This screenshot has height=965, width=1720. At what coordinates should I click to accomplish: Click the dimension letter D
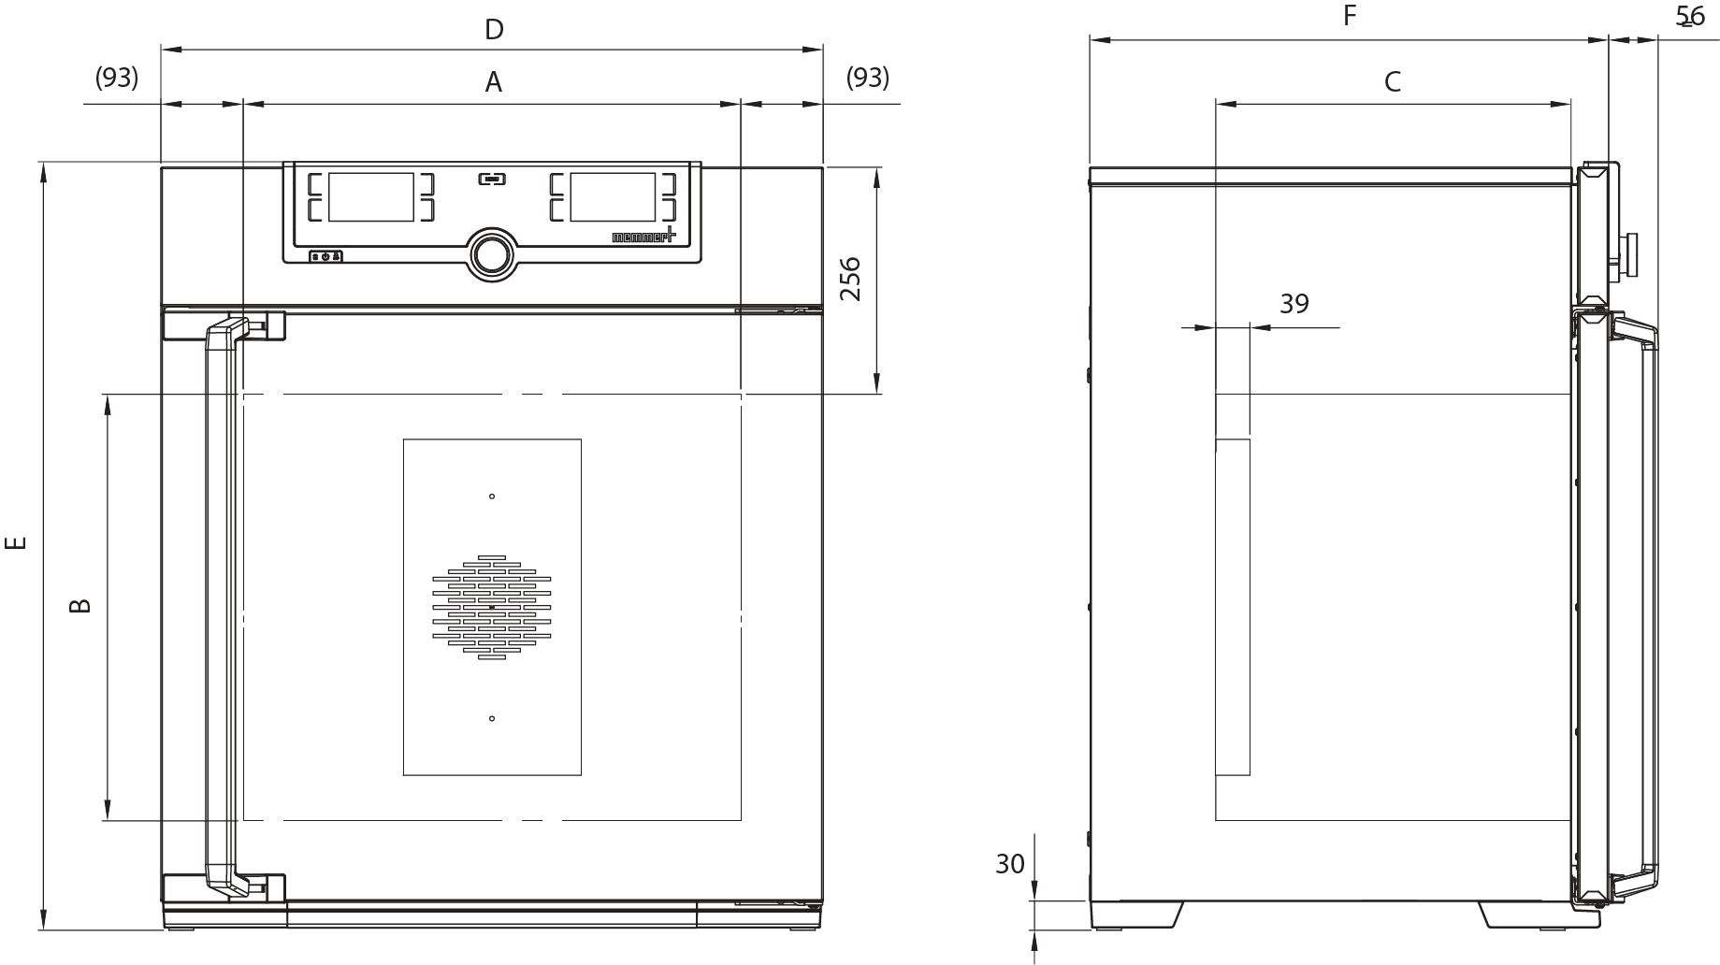[494, 30]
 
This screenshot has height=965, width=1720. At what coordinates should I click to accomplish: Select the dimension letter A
[493, 83]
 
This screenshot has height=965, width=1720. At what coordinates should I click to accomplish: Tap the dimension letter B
[81, 605]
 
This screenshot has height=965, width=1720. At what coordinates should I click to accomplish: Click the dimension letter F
[1349, 16]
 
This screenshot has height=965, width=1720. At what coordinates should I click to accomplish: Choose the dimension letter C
[1392, 82]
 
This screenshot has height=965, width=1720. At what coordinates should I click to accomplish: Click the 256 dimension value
[850, 278]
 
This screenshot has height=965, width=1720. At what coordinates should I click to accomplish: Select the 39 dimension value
[1294, 304]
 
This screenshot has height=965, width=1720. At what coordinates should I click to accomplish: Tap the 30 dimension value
[1010, 864]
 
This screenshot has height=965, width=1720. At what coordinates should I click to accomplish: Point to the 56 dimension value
[1690, 16]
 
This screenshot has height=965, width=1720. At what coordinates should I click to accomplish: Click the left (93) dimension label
[117, 78]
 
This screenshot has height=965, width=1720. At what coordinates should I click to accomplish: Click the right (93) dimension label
[867, 78]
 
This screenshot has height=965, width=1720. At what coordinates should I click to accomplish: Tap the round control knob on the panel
[492, 253]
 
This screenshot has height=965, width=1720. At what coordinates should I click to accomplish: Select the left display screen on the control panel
[370, 196]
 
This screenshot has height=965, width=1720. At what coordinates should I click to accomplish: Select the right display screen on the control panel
[613, 196]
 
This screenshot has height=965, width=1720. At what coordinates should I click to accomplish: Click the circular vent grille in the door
[492, 607]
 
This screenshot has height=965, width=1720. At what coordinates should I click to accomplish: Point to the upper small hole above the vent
[492, 497]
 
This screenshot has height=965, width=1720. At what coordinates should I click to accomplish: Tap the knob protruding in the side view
[1630, 254]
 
